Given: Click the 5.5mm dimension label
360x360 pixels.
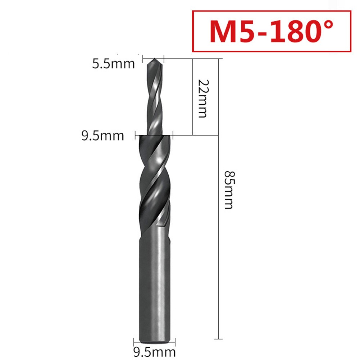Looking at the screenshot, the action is (x=113, y=64).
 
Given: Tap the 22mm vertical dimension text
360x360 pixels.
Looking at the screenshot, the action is (x=203, y=99).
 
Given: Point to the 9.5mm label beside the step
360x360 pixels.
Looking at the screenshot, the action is (x=102, y=136).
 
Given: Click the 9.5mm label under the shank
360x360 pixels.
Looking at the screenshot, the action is (x=154, y=352).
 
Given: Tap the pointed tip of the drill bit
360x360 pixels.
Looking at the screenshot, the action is (x=155, y=59).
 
